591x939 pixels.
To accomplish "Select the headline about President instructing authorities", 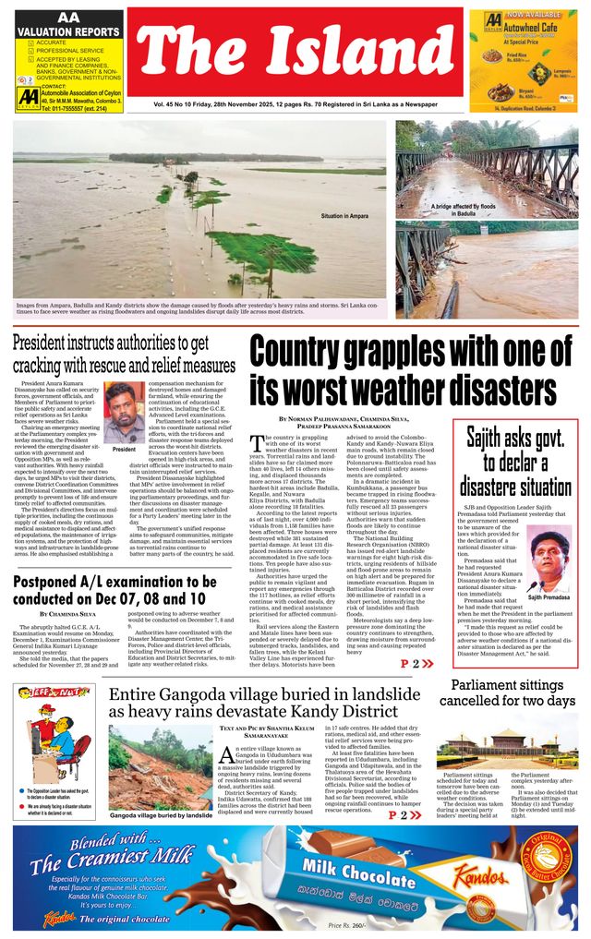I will pyautogui.click(x=123, y=355).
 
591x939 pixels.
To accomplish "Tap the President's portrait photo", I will pyautogui.click(x=124, y=415).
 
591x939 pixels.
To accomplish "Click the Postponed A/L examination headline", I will pyautogui.click(x=115, y=589).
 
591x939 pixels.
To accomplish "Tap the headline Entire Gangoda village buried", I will pyautogui.click(x=264, y=704).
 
